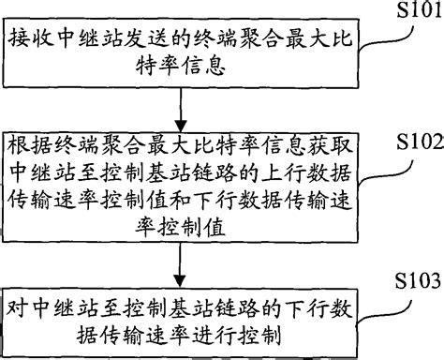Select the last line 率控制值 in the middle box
pos(179,226)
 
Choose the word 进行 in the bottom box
pos(228,333)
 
